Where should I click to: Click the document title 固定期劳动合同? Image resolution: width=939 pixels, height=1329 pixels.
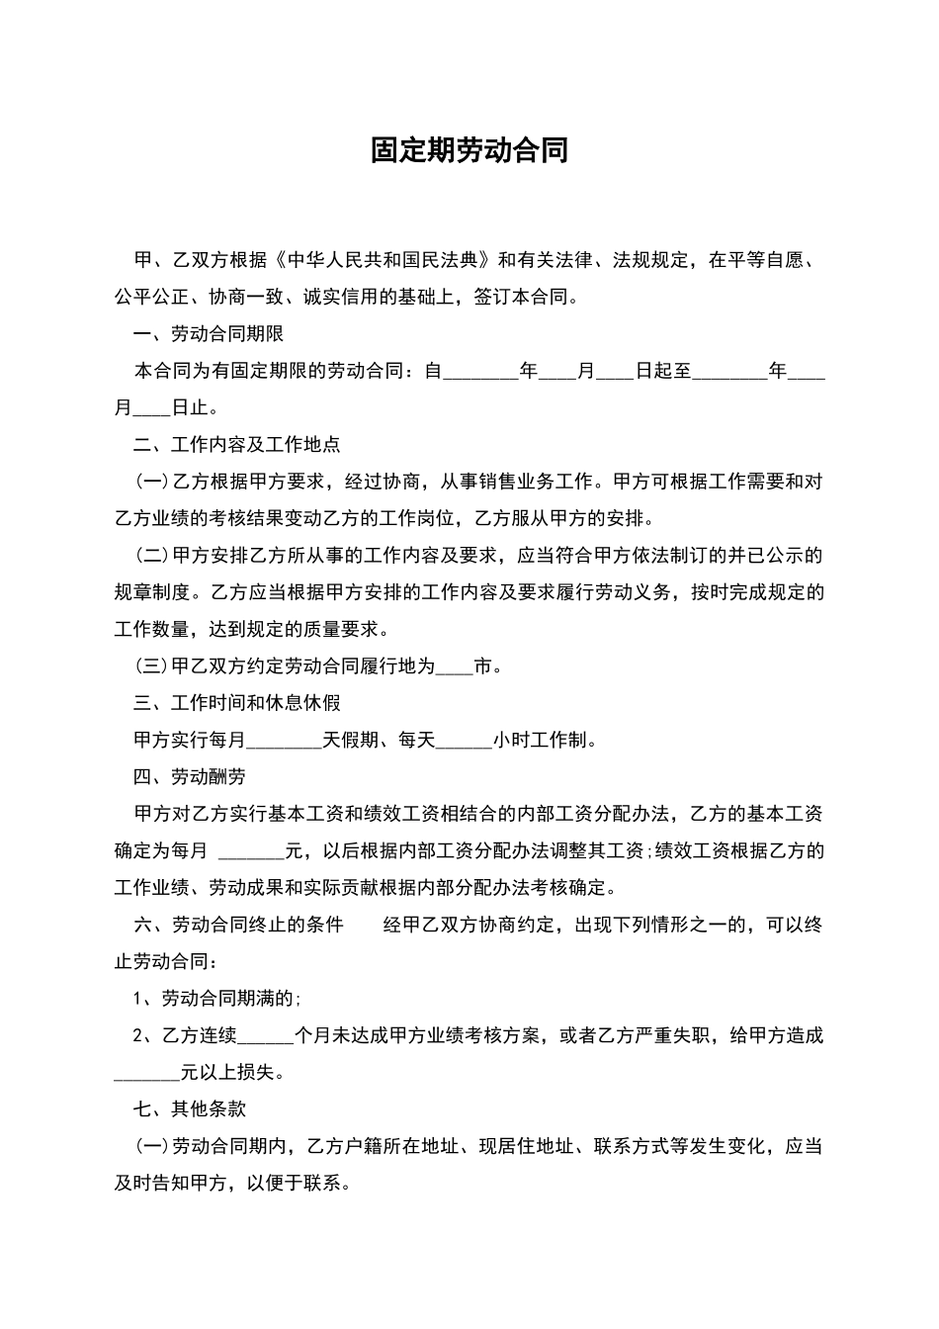point(469,150)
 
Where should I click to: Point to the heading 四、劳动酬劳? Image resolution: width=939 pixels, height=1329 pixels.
point(190,777)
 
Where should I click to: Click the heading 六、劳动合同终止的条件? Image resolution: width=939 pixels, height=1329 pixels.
point(238,925)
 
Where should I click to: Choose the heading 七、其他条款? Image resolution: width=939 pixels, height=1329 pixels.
point(190,1109)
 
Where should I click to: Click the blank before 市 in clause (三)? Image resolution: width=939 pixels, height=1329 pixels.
point(455,667)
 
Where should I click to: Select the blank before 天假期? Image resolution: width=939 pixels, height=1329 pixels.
point(285,741)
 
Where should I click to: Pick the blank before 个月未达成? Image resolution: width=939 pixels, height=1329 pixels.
point(267,1036)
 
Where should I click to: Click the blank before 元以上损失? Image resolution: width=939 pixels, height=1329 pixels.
point(148,1073)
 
